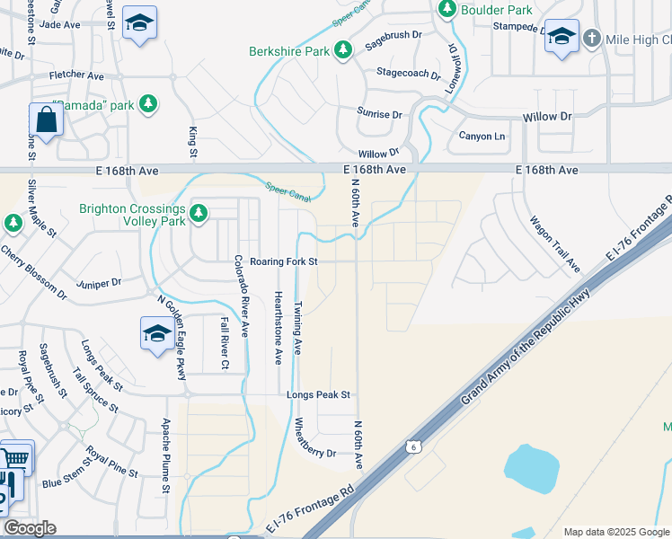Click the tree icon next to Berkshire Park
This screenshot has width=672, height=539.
(x=341, y=51)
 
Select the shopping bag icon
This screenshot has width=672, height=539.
(x=44, y=119)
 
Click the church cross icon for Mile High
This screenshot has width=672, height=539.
(x=591, y=39)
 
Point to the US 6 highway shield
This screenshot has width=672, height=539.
(x=412, y=446)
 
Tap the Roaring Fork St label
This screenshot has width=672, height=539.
(x=284, y=261)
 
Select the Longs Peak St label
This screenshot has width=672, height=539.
(x=318, y=394)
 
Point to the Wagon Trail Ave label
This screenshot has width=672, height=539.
(x=554, y=243)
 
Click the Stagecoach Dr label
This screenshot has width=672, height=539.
(x=409, y=72)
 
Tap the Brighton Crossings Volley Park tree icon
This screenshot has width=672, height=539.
(x=198, y=214)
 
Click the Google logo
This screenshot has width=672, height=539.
(x=30, y=528)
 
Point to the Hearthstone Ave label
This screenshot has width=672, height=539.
(x=278, y=327)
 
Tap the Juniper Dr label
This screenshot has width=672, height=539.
(x=99, y=282)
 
